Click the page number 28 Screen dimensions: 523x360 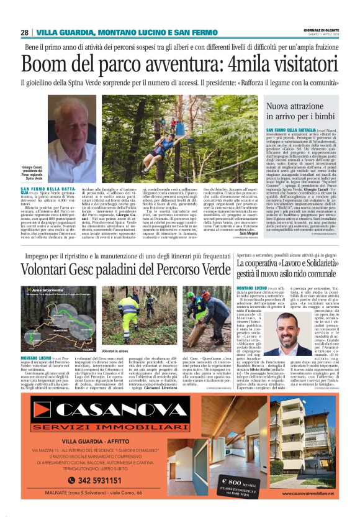click(x=25, y=32)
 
